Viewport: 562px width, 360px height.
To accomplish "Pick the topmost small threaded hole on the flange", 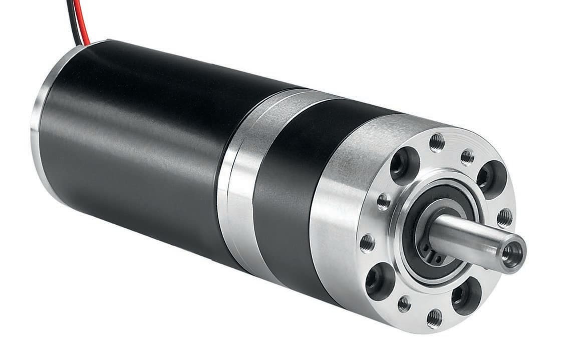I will click(437, 142).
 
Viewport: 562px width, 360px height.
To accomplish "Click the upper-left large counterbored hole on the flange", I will click(404, 165).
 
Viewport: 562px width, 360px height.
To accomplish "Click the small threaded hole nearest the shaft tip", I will click(504, 217).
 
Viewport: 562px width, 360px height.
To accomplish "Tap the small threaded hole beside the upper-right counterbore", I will click(467, 157).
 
